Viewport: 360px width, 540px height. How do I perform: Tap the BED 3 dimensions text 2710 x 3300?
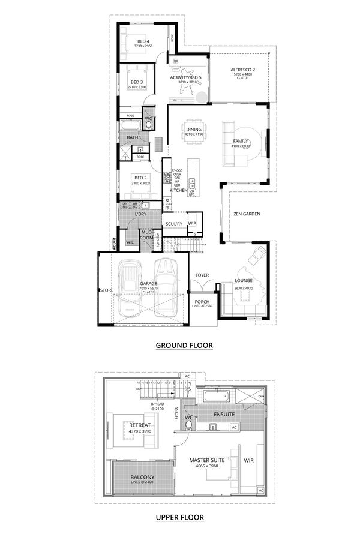(137, 88)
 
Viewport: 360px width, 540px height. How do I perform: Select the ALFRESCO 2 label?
(243, 70)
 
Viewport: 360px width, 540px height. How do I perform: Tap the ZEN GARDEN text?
(247, 214)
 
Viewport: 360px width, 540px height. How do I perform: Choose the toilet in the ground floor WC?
(149, 125)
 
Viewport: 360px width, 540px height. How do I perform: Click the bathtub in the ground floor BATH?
(130, 125)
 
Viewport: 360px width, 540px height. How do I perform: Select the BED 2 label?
(141, 178)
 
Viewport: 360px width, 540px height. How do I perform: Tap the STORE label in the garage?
(106, 290)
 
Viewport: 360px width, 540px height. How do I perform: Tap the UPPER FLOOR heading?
(180, 517)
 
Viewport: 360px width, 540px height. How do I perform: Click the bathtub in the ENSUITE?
(214, 397)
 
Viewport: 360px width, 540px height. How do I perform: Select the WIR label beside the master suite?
(249, 461)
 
